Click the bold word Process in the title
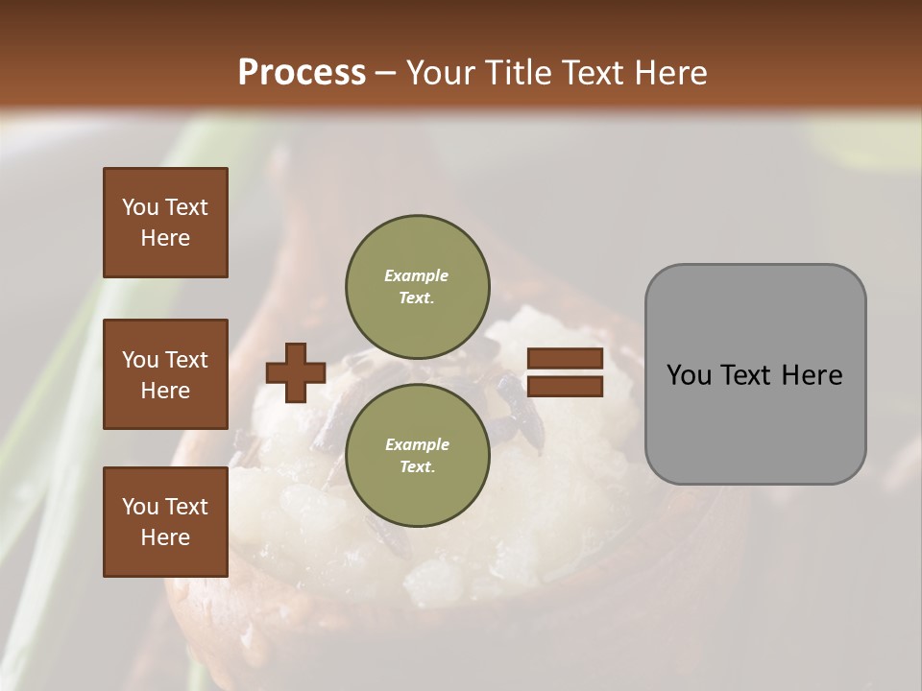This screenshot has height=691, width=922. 302,72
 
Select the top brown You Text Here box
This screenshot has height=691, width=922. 165,223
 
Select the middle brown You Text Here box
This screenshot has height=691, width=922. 165,374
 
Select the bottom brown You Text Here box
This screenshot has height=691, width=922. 165,522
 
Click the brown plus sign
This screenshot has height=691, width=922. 295,372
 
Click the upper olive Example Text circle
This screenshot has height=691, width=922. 417,286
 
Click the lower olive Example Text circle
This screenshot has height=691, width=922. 417,455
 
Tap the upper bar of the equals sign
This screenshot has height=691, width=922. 566,359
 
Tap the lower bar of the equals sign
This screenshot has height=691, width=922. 566,387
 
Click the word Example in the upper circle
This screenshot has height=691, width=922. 417,275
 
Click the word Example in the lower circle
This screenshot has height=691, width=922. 417,444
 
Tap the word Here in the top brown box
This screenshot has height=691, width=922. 165,238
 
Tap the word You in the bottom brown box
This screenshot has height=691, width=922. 140,507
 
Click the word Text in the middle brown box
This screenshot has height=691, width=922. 186,360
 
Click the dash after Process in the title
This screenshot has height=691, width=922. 385,73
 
